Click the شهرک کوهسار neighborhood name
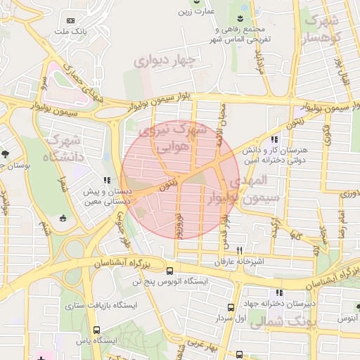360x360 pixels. tap(324, 28)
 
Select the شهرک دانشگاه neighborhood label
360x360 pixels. tap(62, 148)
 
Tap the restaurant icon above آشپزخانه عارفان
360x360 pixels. tap(239, 250)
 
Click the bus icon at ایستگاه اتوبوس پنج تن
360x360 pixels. tap(169, 271)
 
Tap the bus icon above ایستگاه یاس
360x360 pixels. tap(96, 329)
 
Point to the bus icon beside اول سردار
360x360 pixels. tap(231, 308)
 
